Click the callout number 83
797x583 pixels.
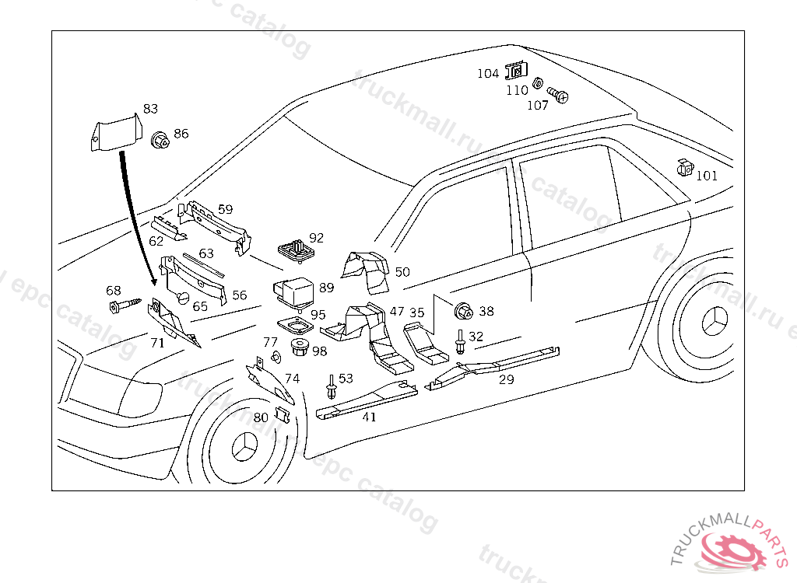coord(150,109)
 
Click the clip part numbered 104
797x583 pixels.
coord(514,72)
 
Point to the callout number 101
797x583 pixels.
coord(707,176)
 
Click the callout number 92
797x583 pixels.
coord(316,238)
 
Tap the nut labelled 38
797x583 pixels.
coord(463,312)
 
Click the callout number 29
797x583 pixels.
coord(507,379)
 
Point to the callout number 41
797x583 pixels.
coord(369,417)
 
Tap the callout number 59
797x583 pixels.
coord(225,209)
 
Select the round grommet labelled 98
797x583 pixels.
coord(299,347)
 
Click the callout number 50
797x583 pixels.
coord(402,271)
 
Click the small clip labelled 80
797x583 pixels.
coord(283,417)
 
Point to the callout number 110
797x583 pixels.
coord(517,90)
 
